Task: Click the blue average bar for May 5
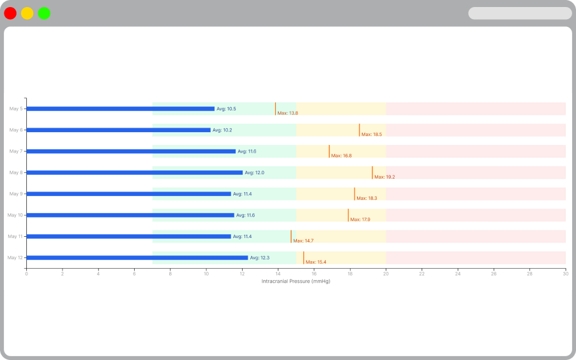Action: click(120, 109)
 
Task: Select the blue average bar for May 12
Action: click(137, 258)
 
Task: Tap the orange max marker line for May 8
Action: click(372, 172)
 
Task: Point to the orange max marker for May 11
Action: click(291, 236)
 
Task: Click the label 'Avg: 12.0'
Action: click(255, 172)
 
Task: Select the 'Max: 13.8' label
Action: click(288, 113)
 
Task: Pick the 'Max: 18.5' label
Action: click(372, 135)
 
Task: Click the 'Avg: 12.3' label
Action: click(260, 258)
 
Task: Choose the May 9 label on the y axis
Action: click(16, 194)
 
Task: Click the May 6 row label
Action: click(16, 130)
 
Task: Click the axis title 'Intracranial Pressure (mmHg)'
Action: click(296, 281)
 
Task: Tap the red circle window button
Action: click(10, 13)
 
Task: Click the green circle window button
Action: click(44, 13)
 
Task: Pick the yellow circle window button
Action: click(27, 13)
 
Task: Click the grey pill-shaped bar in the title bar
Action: click(520, 13)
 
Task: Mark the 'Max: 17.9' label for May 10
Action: click(360, 220)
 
